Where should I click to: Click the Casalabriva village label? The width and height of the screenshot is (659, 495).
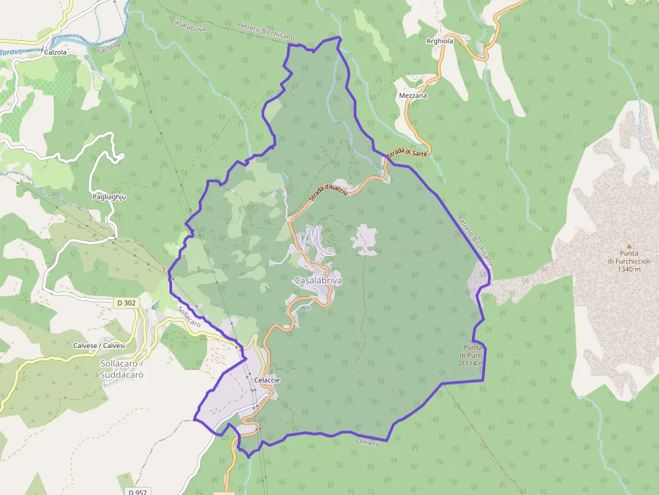click(x=317, y=279)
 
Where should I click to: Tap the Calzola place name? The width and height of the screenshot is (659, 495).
click(x=55, y=52)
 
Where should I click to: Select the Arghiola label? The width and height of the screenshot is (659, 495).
click(x=440, y=41)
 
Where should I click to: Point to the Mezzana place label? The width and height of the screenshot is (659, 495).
click(x=413, y=96)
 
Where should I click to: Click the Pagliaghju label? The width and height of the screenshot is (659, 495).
click(x=110, y=197)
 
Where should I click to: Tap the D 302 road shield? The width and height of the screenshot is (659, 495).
click(x=126, y=303)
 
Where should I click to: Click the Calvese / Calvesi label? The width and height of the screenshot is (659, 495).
click(x=99, y=345)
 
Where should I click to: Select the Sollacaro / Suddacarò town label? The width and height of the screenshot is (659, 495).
click(x=122, y=369)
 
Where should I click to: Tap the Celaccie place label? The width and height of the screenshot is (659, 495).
click(x=267, y=380)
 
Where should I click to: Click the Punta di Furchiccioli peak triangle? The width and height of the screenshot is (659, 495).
click(x=629, y=246)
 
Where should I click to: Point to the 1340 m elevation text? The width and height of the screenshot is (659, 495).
click(x=629, y=269)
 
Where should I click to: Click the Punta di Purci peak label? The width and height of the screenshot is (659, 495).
click(x=472, y=355)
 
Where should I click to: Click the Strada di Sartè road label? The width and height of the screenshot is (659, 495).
click(x=408, y=153)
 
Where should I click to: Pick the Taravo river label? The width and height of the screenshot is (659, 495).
click(x=11, y=52)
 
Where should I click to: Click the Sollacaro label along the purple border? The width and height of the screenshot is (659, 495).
click(x=189, y=317)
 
